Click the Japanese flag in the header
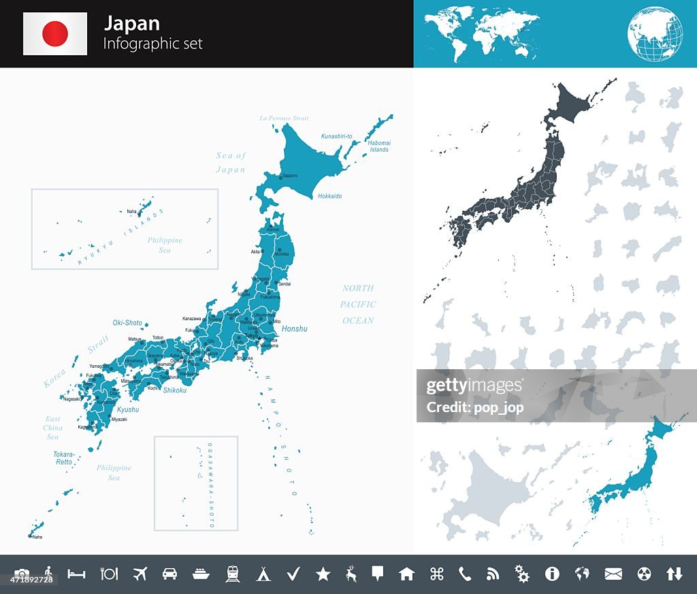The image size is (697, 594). (x=55, y=33)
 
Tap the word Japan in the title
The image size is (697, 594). (x=132, y=23)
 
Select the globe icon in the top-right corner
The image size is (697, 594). (x=655, y=33)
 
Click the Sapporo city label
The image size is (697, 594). (x=290, y=176)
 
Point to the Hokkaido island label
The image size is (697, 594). (x=329, y=196)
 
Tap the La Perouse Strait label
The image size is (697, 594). (x=284, y=119)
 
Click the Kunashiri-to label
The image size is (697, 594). (x=337, y=136)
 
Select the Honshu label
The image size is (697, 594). (x=294, y=329)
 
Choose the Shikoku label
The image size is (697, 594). (x=175, y=390)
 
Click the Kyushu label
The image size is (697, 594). (x=128, y=410)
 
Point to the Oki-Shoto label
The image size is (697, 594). (x=127, y=323)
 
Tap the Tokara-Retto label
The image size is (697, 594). (x=64, y=458)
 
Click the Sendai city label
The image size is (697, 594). (x=285, y=283)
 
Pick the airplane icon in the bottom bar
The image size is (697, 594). (x=140, y=574)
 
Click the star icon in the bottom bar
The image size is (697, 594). (x=323, y=574)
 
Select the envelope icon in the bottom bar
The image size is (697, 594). (x=613, y=574)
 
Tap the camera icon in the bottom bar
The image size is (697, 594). (x=22, y=574)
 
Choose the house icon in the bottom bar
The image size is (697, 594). (x=406, y=574)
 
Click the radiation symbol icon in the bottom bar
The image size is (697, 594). (x=644, y=574)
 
